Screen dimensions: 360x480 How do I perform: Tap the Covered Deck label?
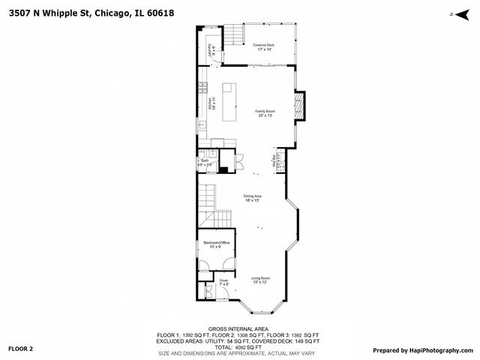(x=262, y=47)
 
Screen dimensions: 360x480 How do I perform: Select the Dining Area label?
(x=251, y=198)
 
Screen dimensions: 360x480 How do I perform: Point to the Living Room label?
(x=260, y=280)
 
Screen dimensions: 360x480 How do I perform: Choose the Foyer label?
(x=223, y=283)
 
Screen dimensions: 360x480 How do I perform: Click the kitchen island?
(x=228, y=98)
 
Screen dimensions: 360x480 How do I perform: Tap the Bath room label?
(x=205, y=162)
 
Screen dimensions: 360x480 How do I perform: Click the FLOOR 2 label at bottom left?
(x=21, y=349)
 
